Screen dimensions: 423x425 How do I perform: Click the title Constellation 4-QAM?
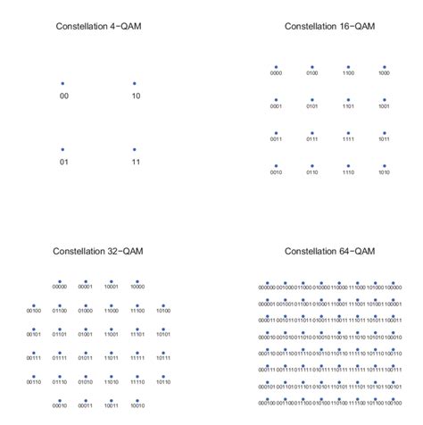[x=98, y=27]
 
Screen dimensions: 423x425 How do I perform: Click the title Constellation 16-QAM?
[x=330, y=27]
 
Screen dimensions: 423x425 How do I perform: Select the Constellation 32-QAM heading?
[x=98, y=253]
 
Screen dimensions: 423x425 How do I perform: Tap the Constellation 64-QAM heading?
[x=330, y=253]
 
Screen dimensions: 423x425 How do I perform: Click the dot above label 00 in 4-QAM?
[x=62, y=83]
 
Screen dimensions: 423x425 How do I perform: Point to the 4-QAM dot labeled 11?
[x=135, y=149]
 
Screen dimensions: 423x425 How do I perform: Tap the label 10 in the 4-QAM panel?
[x=135, y=96]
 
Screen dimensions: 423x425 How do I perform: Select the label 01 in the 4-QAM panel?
[x=62, y=162]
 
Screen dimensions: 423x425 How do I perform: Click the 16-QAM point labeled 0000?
[x=276, y=66]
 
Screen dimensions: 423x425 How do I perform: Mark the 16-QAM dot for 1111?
[x=347, y=132]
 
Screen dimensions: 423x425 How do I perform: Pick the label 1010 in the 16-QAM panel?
[x=383, y=173]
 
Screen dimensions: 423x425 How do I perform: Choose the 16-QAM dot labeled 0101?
[x=311, y=99]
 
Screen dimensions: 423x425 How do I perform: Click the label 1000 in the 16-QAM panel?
[x=383, y=74]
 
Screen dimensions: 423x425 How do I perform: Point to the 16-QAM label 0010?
[x=276, y=173]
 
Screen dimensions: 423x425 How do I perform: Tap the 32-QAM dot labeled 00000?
[x=59, y=279]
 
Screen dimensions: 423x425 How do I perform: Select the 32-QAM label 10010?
[x=137, y=404]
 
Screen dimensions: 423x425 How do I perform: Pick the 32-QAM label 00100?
[x=33, y=311]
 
